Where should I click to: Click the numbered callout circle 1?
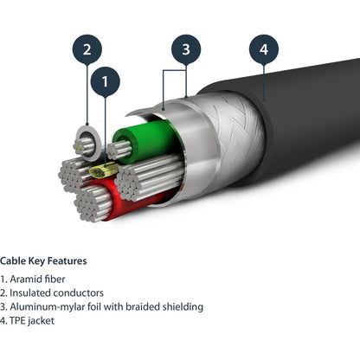[105, 81]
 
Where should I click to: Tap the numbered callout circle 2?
[87, 49]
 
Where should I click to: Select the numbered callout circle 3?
[186, 49]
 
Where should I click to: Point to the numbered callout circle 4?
[264, 49]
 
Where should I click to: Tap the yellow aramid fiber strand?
[103, 170]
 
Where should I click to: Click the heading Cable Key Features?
[43, 260]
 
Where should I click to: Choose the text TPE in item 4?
[17, 320]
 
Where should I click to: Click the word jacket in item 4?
[42, 321]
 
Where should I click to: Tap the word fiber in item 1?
[55, 279]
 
